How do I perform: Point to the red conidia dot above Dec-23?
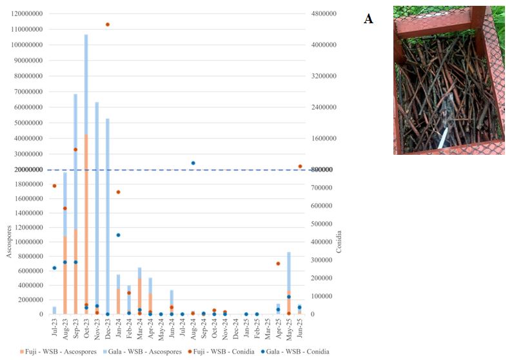pyautogui.click(x=108, y=25)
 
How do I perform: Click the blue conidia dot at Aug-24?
pyautogui.click(x=193, y=163)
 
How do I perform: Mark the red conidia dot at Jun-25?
pyautogui.click(x=300, y=166)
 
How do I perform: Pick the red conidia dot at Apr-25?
pyautogui.click(x=279, y=263)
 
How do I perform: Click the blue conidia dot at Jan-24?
pyautogui.click(x=118, y=235)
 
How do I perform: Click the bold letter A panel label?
pyautogui.click(x=368, y=19)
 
